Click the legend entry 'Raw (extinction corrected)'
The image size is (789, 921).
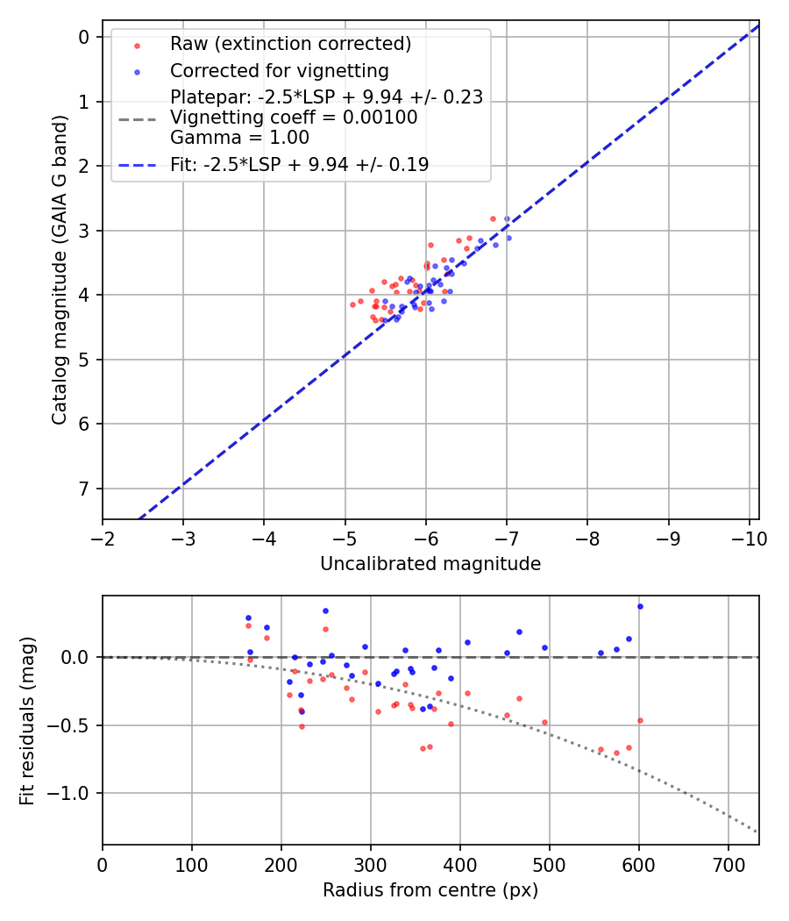pyautogui.click(x=290, y=44)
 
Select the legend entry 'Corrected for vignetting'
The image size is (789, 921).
pyautogui.click(x=279, y=70)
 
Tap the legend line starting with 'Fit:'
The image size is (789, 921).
pyautogui.click(x=299, y=164)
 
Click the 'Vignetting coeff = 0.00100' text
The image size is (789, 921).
pyautogui.click(x=294, y=118)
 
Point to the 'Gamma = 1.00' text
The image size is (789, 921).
pyautogui.click(x=239, y=137)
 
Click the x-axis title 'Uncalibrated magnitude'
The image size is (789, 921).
pyautogui.click(x=430, y=564)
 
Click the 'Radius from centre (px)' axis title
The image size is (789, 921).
pyautogui.click(x=430, y=890)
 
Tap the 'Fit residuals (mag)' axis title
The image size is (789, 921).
pyautogui.click(x=27, y=720)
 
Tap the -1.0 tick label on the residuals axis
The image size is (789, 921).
pyautogui.click(x=74, y=793)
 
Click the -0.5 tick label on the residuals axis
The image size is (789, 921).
pyautogui.click(x=74, y=725)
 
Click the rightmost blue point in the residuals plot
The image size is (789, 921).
pyautogui.click(x=640, y=606)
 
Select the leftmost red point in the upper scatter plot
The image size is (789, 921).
pyautogui.click(x=352, y=304)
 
